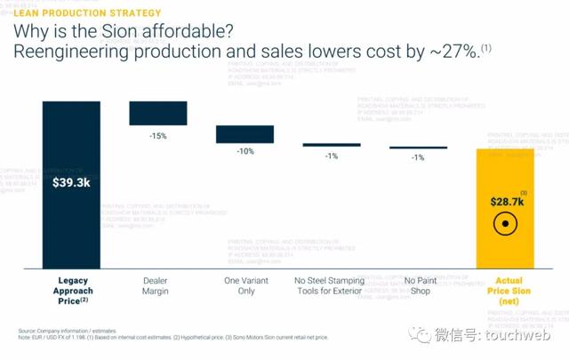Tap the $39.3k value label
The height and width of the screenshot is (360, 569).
72,183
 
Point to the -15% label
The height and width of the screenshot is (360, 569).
158,135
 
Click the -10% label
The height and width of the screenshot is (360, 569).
244,152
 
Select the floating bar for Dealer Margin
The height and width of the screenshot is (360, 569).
158,113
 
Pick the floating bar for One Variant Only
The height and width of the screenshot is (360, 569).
244,133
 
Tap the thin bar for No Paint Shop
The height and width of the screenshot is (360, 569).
418,148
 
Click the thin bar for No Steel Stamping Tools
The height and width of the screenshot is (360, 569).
332,145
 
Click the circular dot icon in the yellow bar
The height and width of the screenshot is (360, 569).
505,225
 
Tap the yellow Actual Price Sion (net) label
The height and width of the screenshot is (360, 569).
507,291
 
